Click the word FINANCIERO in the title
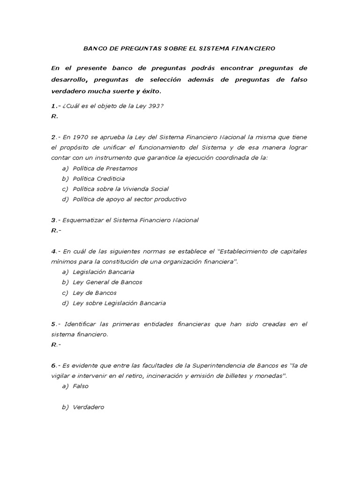(x=256, y=48)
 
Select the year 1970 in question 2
(x=80, y=137)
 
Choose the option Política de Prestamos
(x=105, y=168)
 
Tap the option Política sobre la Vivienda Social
(x=120, y=189)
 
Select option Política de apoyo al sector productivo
(x=129, y=199)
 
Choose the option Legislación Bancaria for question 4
(x=104, y=272)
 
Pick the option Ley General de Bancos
(x=107, y=282)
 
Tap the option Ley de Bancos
(x=95, y=292)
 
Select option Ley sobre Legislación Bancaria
(x=119, y=303)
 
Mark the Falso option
(x=81, y=386)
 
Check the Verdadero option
(x=88, y=407)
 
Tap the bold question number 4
(x=53, y=251)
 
